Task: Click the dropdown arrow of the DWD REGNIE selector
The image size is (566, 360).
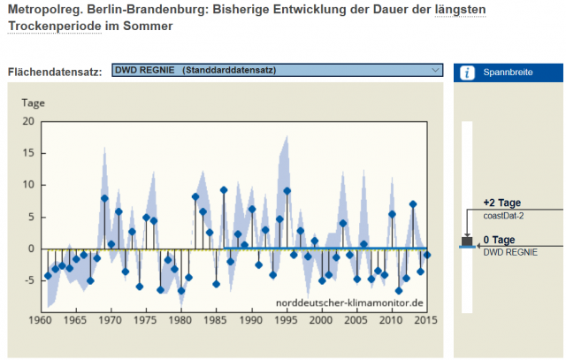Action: (436, 70)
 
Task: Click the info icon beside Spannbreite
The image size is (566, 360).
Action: (467, 72)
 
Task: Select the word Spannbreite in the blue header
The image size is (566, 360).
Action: (508, 73)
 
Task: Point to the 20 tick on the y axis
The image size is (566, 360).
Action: (27, 121)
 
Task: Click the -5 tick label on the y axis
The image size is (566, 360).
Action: (27, 280)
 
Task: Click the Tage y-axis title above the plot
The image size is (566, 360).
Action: (34, 103)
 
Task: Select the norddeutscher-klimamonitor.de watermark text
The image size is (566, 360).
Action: (351, 303)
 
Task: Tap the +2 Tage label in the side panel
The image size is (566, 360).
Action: (502, 203)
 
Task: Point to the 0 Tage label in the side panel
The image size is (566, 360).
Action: (500, 240)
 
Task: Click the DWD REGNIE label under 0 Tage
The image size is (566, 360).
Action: (510, 251)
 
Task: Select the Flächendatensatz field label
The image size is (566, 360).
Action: (55, 71)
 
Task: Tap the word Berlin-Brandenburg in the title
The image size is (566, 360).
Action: (141, 10)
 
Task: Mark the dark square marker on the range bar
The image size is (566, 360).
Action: (467, 241)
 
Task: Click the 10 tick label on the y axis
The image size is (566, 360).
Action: (27, 185)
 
